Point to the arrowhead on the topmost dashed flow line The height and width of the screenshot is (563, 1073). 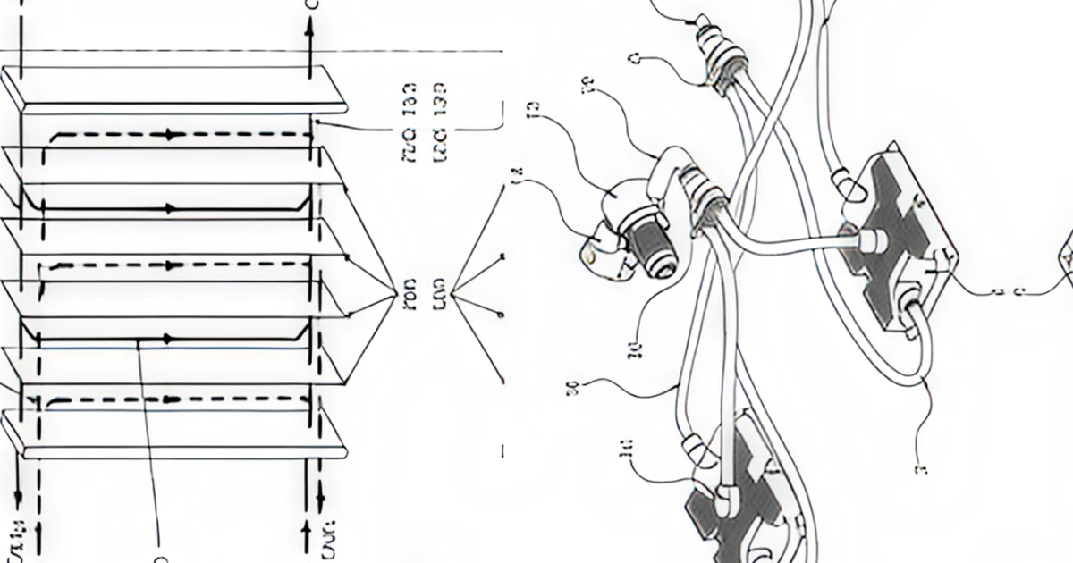(x=167, y=135)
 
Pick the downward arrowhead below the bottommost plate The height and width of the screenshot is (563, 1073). (x=19, y=497)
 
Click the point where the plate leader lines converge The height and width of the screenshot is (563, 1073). (x=395, y=291)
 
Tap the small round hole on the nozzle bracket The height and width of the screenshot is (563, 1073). (x=591, y=257)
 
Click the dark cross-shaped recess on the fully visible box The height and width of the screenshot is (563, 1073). (x=894, y=241)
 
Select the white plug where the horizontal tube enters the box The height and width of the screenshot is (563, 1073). (x=869, y=239)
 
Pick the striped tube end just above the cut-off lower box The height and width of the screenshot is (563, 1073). (x=698, y=447)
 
